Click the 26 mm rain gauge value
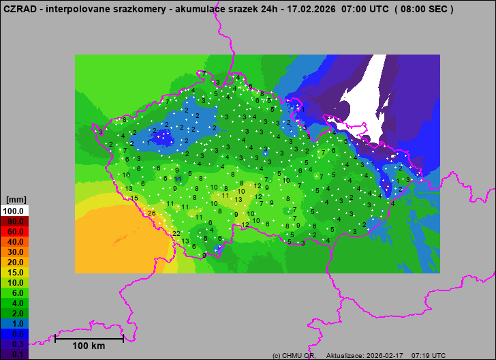click(x=151, y=213)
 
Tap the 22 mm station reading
click(x=176, y=234)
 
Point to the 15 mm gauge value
click(x=135, y=198)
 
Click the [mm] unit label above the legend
click(x=16, y=200)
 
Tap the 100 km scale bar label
click(x=89, y=346)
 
